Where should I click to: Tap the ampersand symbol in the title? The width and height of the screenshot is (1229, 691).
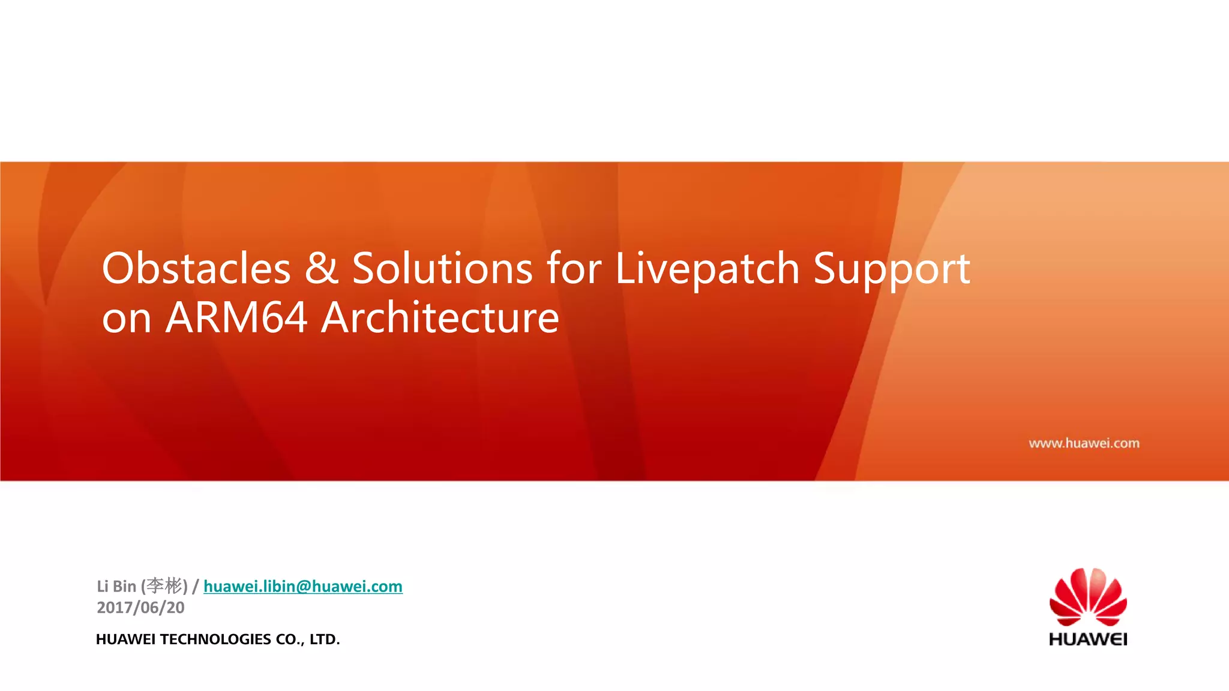[x=321, y=268]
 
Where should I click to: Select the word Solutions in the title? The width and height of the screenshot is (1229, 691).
[x=442, y=268]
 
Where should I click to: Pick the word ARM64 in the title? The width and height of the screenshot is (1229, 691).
[x=236, y=317]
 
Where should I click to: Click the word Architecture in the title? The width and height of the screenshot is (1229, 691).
[x=440, y=317]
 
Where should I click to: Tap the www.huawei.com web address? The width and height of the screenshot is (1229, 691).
[x=1084, y=443]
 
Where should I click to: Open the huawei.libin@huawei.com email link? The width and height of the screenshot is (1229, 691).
[x=303, y=586]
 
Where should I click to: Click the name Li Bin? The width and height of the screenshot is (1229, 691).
[x=116, y=586]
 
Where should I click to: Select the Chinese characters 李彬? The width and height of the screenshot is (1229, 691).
[x=164, y=585]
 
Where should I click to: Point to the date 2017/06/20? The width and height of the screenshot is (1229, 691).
[x=140, y=608]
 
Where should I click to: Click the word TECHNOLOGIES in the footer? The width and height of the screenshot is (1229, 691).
[x=215, y=639]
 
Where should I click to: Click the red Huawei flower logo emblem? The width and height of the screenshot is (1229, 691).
[x=1088, y=597]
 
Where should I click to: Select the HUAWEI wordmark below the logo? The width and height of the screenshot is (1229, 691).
[x=1088, y=639]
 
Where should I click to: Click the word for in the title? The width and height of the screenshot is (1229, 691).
[x=574, y=268]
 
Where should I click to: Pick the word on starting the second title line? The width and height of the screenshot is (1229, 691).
[x=126, y=318]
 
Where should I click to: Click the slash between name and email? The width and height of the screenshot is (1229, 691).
[x=196, y=586]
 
